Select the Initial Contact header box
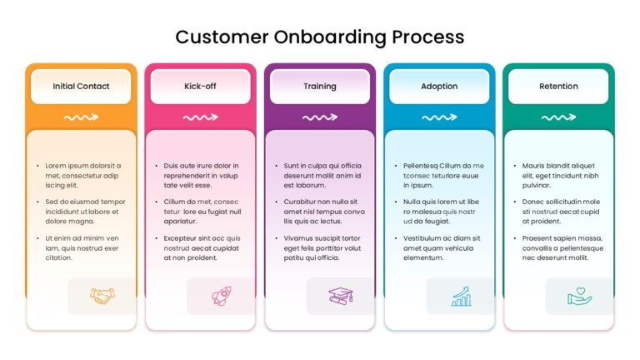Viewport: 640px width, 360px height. (x=81, y=86)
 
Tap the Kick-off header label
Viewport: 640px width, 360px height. (x=200, y=86)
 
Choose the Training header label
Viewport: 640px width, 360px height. (x=320, y=86)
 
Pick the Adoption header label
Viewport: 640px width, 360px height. (x=439, y=86)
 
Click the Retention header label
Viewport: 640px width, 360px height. (x=558, y=86)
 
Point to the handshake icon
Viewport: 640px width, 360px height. (x=102, y=295)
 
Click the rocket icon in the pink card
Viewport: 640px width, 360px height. (x=222, y=295)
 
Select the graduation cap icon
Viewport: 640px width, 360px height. (x=341, y=295)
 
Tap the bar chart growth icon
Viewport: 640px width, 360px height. (x=460, y=295)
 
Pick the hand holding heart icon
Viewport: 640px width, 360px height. (x=579, y=295)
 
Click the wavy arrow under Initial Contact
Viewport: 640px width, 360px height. (x=81, y=117)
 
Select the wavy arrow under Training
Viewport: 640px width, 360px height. (x=320, y=117)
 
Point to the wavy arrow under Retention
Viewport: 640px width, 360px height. (x=558, y=117)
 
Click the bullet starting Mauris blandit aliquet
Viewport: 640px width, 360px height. (x=560, y=176)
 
